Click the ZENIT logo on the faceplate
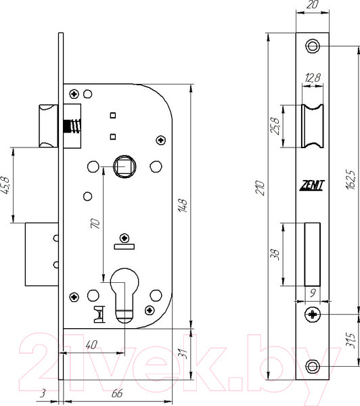click(x=312, y=185)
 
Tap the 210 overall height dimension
click(x=261, y=188)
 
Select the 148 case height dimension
click(x=183, y=206)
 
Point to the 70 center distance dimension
click(x=95, y=223)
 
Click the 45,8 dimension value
click(x=5, y=185)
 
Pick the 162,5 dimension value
click(x=350, y=179)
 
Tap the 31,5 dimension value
click(x=350, y=340)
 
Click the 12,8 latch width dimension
click(x=313, y=77)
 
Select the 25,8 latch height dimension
click(x=275, y=126)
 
